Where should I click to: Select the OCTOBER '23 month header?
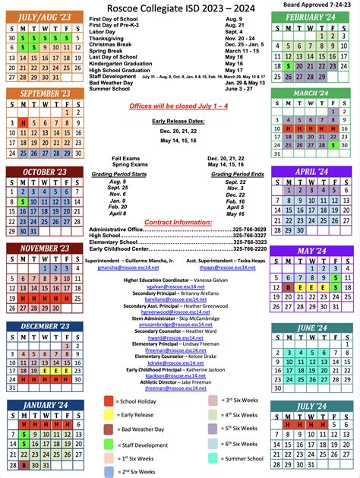click(44, 173)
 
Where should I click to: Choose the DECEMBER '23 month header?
click(44, 328)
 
